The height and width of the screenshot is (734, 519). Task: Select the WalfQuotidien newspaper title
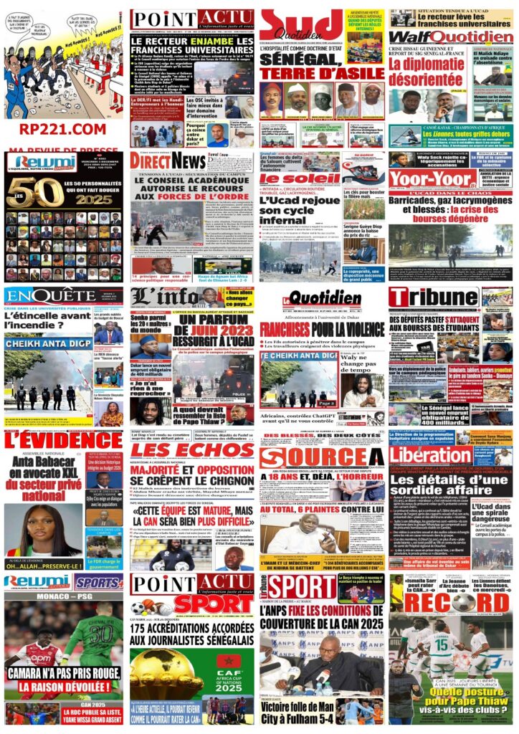tap(452, 37)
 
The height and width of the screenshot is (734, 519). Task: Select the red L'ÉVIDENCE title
tap(62, 440)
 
